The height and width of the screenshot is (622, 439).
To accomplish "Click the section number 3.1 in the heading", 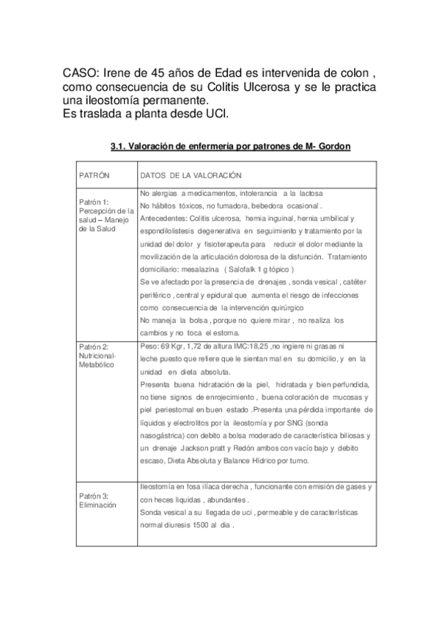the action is coord(119,146).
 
